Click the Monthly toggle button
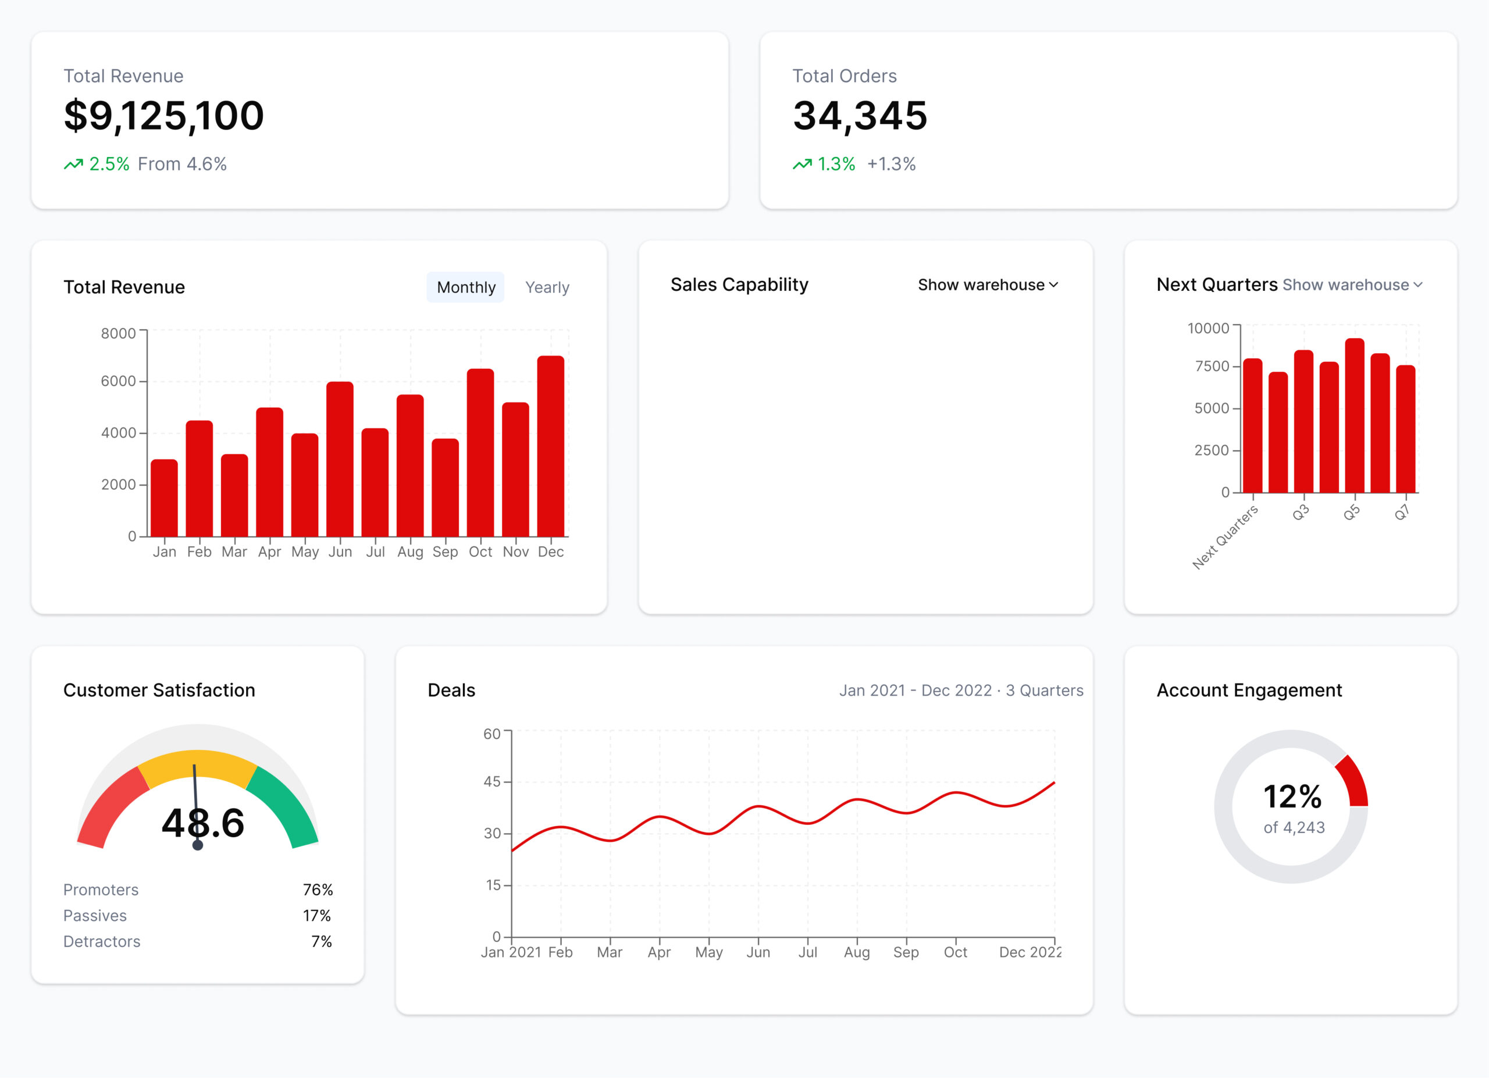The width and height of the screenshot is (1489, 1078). (x=465, y=287)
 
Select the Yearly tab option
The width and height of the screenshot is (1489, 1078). (x=547, y=287)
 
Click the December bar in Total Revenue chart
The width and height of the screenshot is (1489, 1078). (x=550, y=446)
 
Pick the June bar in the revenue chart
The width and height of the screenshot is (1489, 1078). (x=340, y=460)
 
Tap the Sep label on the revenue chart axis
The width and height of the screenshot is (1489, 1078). (x=445, y=552)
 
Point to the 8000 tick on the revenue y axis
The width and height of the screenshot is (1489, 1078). (x=118, y=333)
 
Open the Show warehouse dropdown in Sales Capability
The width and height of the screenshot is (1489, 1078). (x=988, y=284)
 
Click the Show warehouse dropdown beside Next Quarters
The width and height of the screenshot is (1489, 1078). (x=1352, y=284)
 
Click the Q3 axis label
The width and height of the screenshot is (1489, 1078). (x=1300, y=513)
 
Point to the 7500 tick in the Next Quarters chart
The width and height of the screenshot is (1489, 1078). (x=1212, y=366)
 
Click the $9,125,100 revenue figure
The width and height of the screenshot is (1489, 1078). (x=163, y=116)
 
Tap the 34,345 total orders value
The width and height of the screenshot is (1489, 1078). (x=860, y=116)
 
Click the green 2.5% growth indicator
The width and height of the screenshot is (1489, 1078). (x=108, y=163)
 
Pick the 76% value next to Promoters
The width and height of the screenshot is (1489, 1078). (x=318, y=890)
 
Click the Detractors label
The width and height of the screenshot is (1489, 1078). (x=102, y=941)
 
